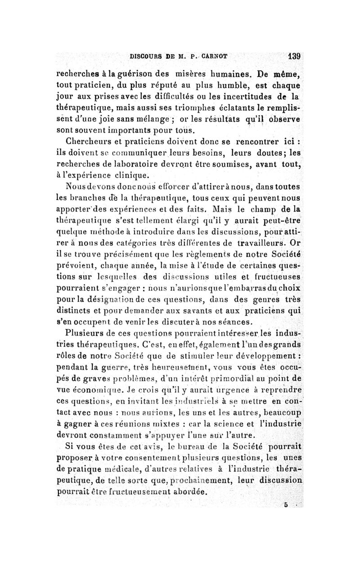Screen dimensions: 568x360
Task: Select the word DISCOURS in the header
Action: (x=144, y=57)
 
